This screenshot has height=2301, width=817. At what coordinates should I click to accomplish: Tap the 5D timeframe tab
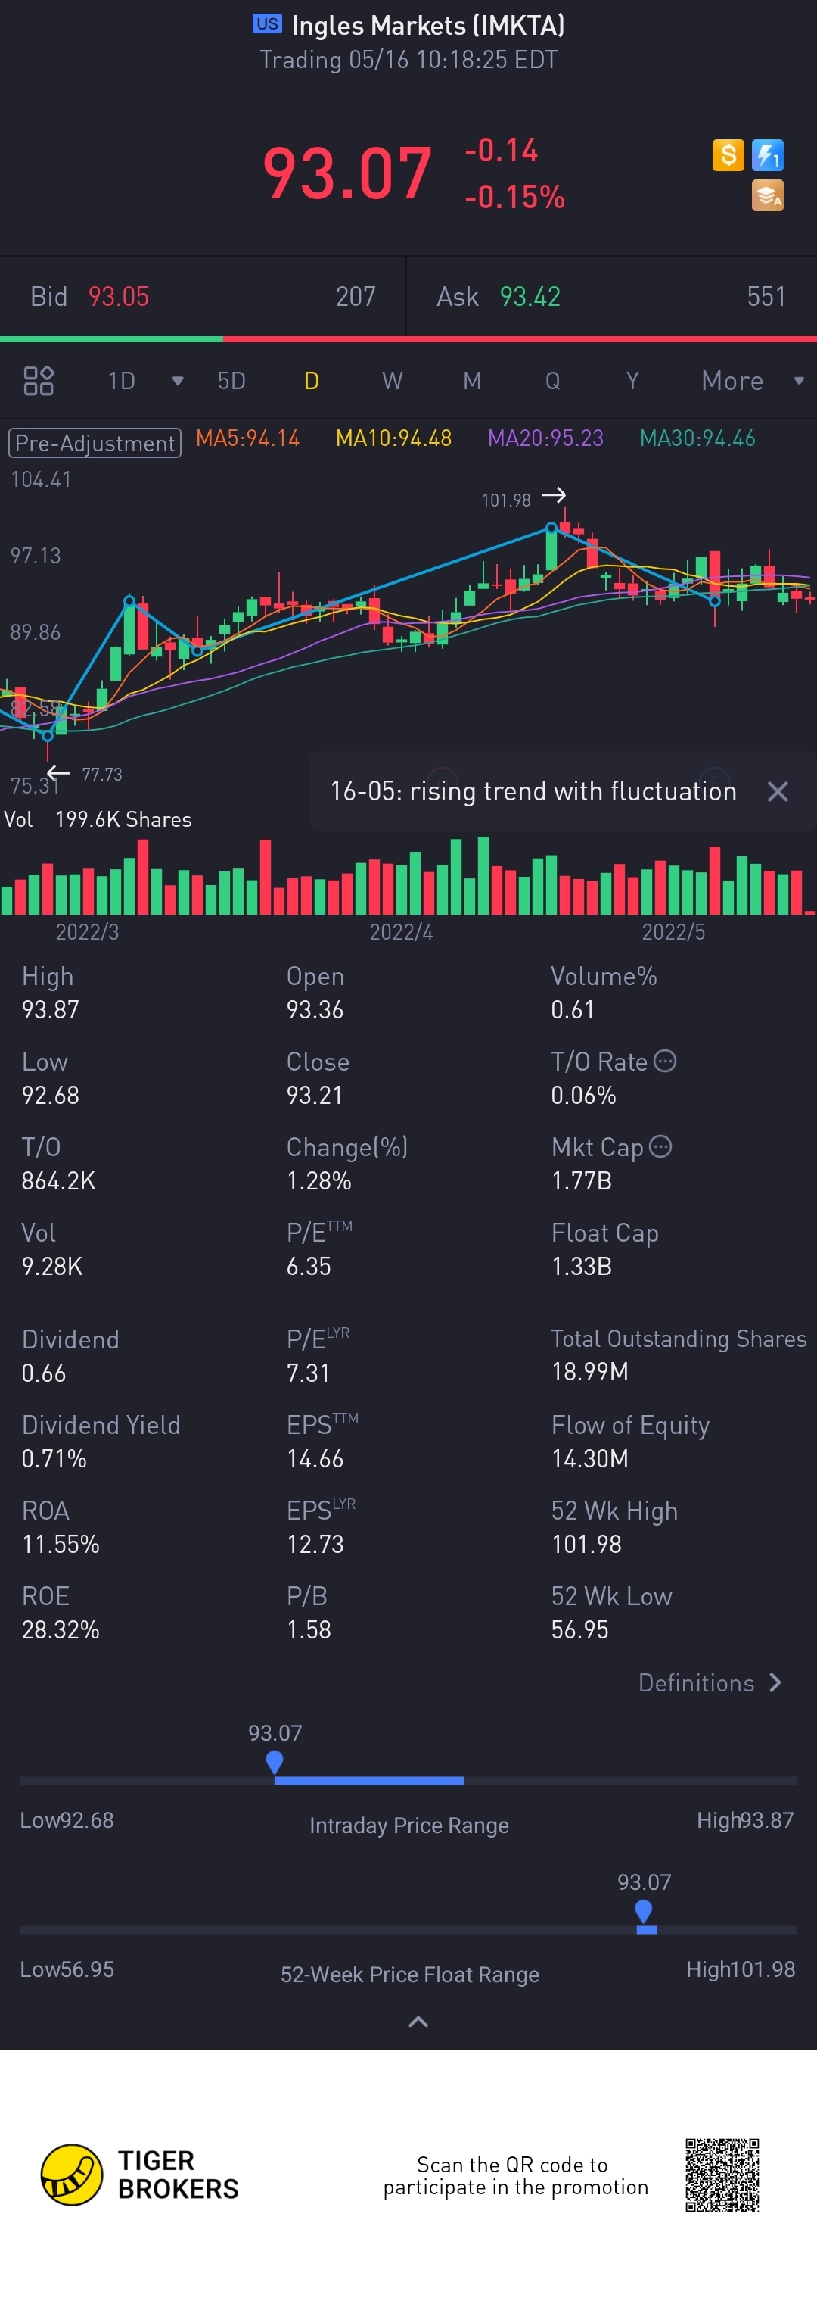point(231,382)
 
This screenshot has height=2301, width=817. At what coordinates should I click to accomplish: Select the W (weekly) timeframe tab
point(392,382)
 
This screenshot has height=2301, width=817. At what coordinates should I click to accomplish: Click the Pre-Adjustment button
point(95,443)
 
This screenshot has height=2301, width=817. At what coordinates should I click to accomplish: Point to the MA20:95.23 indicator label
point(545,438)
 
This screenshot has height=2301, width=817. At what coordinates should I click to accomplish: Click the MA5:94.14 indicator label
point(247,438)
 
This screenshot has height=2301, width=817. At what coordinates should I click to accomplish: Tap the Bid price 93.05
point(119,297)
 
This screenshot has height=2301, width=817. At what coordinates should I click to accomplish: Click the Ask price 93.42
point(530,297)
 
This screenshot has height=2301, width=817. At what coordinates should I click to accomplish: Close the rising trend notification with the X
point(778,791)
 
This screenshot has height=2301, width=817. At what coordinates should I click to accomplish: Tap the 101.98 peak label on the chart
point(506,500)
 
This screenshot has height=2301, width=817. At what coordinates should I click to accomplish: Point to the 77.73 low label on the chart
point(102,775)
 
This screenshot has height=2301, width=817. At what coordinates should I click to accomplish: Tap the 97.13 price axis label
point(36,556)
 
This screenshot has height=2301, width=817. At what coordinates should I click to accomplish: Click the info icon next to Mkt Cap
point(660,1146)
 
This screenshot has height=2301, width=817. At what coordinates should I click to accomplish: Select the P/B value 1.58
point(309,1629)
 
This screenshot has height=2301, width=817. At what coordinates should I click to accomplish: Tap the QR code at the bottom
point(722,2175)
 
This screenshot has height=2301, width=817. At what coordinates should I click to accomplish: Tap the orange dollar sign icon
point(728,155)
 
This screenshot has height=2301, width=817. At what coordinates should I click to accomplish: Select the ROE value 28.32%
point(61,1629)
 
